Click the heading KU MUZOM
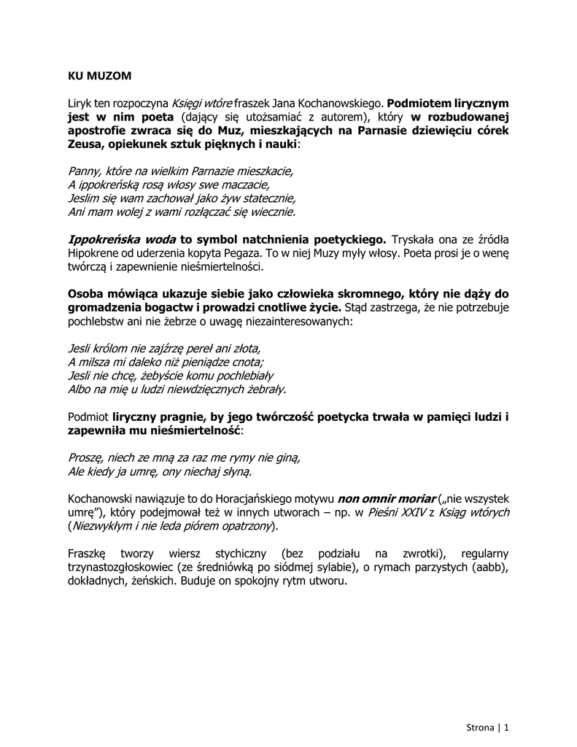coord(99,74)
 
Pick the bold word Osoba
coord(85,294)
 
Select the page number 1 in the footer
coord(506,727)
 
